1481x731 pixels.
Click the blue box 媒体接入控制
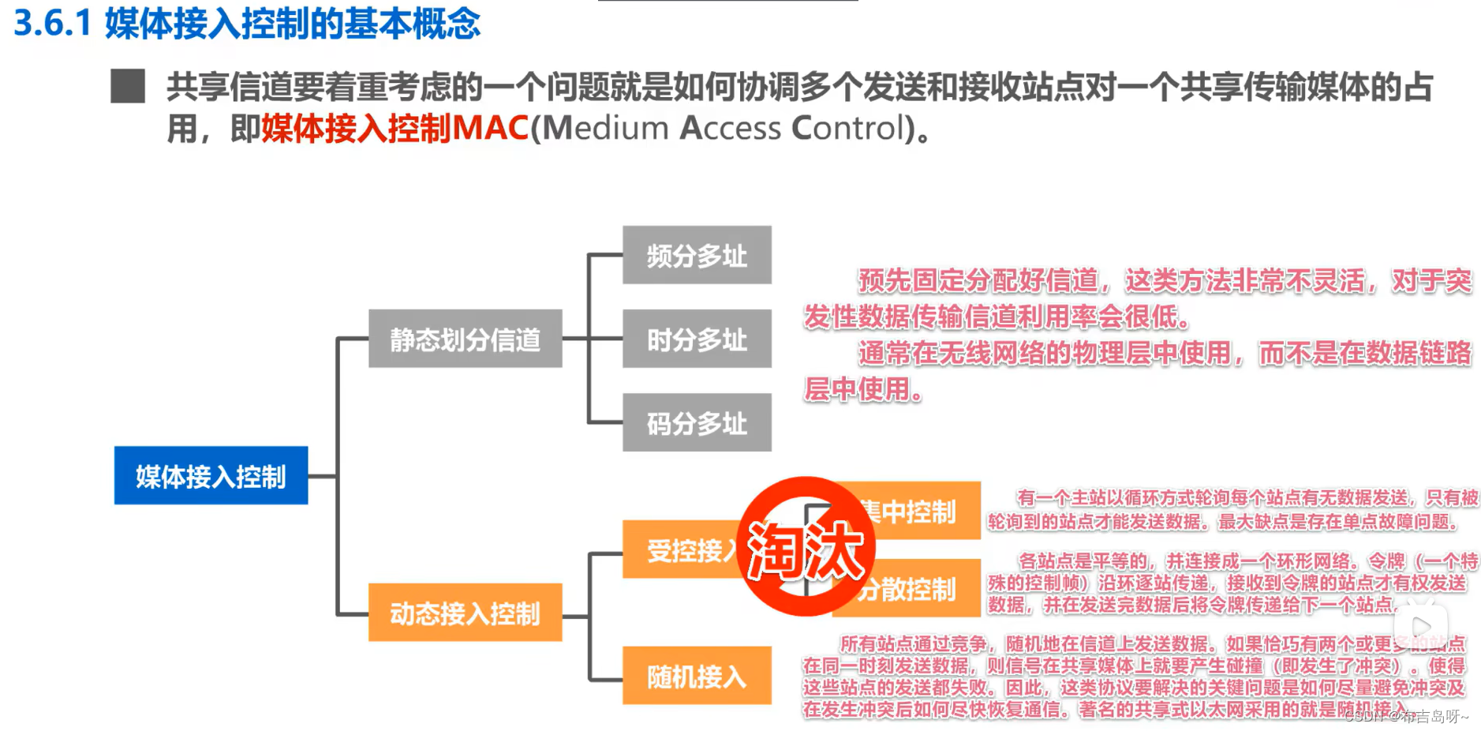pos(211,475)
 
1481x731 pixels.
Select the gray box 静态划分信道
pos(465,339)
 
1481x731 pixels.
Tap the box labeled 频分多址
pos(697,255)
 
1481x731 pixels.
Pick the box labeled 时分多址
pos(697,339)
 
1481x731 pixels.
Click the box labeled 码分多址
pos(697,422)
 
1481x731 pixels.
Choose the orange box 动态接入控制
pos(465,613)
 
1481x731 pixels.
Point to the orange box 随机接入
pos(697,676)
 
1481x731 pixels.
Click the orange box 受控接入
pos(680,549)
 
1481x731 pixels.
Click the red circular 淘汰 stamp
pos(806,546)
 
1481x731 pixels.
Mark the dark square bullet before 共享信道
pos(128,86)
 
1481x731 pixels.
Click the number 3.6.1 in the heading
pos(53,24)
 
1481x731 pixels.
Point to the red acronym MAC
pos(490,128)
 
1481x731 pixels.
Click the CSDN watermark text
pos(1405,716)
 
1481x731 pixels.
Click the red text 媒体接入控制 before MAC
pos(356,128)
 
